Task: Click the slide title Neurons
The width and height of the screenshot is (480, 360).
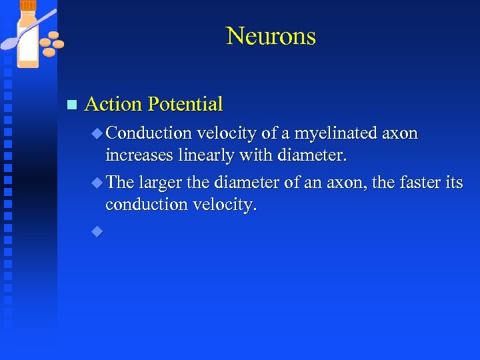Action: (271, 35)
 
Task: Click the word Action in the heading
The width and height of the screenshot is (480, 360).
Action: (114, 104)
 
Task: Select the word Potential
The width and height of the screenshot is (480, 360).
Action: (185, 104)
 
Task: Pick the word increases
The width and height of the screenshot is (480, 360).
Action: (137, 155)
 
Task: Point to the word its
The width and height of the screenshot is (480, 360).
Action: (453, 182)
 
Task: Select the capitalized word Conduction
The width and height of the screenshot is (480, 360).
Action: (147, 133)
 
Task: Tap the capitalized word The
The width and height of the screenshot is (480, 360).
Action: (120, 182)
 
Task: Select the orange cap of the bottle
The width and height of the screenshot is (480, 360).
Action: (29, 6)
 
